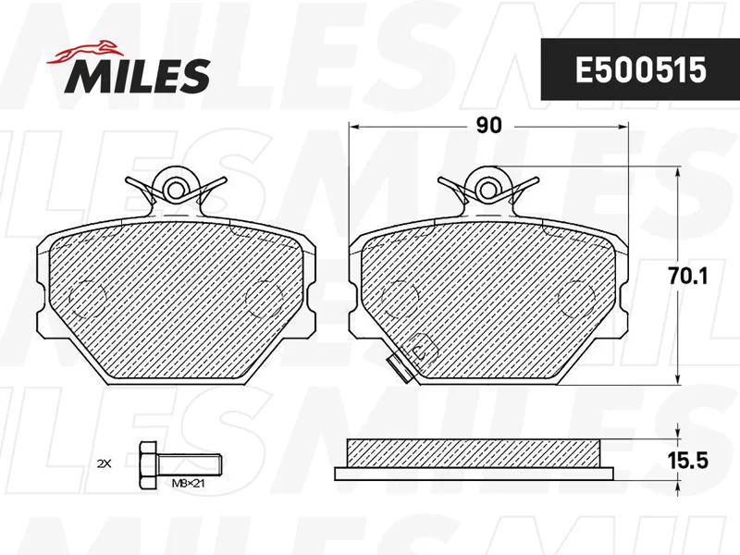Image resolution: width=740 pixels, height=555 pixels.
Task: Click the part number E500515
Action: click(x=640, y=70)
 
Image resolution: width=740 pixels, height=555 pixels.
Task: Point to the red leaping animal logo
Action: click(x=83, y=52)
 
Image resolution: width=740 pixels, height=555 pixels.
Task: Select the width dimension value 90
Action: click(x=488, y=126)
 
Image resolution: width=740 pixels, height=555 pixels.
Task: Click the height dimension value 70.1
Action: click(x=687, y=277)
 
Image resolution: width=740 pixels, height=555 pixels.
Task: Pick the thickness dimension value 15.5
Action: click(x=688, y=461)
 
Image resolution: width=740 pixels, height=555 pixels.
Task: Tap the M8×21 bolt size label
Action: click(x=188, y=483)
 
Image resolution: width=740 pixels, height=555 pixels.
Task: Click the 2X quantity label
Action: click(x=104, y=464)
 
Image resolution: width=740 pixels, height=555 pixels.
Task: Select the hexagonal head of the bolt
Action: click(x=148, y=464)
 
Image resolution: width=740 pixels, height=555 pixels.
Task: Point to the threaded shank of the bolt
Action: click(x=189, y=464)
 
